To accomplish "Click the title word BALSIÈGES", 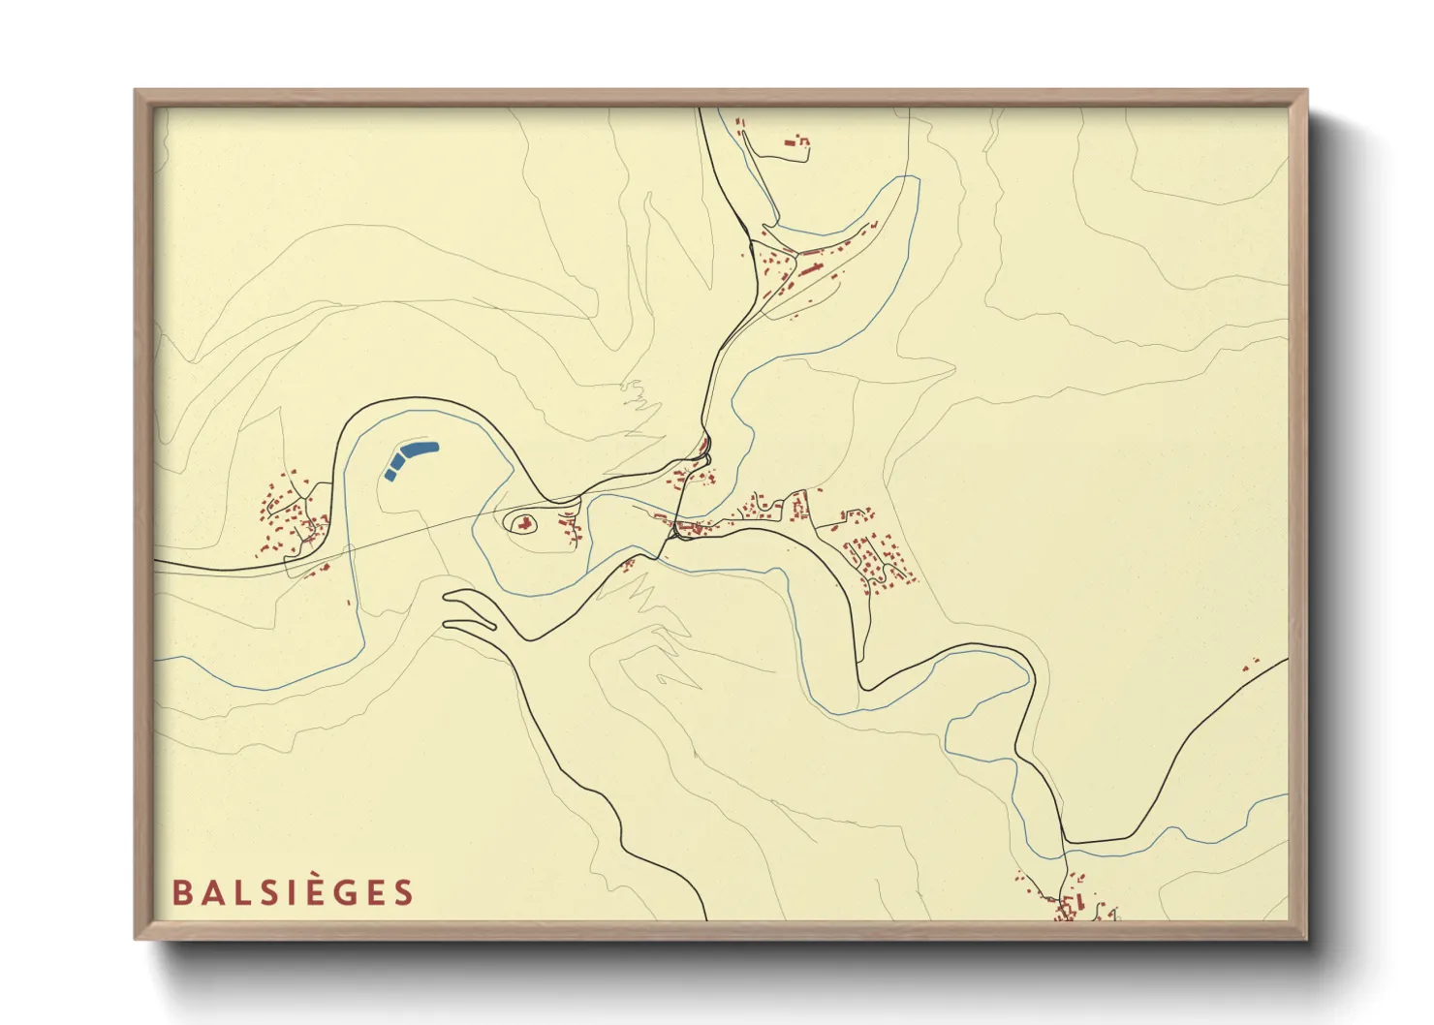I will [293, 892].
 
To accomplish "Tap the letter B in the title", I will [180, 892].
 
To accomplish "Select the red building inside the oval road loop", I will [524, 524].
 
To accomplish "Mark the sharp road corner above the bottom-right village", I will [1066, 842].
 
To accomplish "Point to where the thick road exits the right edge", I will [1288, 659].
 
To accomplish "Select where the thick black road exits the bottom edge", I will [706, 918].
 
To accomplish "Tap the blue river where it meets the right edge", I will [1288, 794].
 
